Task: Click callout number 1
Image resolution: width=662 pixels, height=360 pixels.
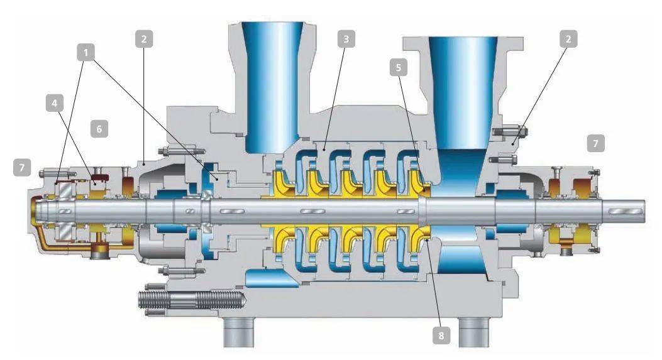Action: (86, 53)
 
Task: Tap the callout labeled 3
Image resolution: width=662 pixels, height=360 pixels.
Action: (346, 39)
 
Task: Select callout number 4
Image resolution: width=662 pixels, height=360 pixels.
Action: (55, 103)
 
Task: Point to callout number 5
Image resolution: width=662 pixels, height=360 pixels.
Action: (399, 67)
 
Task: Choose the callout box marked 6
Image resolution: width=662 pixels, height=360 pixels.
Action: (99, 129)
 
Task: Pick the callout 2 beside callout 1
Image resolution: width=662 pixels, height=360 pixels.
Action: (144, 39)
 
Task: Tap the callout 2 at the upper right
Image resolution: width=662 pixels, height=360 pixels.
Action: (568, 39)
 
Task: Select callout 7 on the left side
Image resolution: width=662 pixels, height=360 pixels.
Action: (22, 168)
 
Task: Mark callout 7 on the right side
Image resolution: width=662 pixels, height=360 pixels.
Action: (596, 143)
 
